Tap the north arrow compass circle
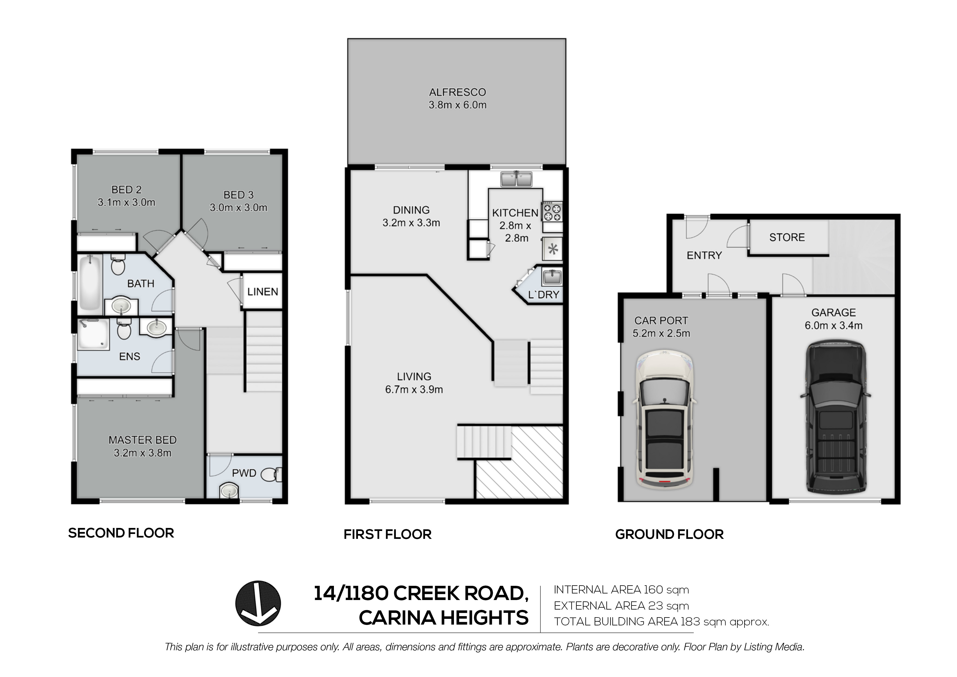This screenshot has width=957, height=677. (258, 604)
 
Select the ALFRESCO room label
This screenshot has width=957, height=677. (457, 92)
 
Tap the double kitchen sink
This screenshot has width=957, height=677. (516, 179)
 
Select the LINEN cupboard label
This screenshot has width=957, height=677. (263, 292)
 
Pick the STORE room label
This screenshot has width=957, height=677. (786, 237)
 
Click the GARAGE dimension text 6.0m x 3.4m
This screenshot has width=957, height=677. (833, 325)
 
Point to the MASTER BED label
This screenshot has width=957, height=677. (143, 440)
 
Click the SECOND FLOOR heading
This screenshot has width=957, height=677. (121, 533)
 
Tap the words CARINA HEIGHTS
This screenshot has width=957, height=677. (444, 618)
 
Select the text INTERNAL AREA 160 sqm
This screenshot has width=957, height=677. (621, 590)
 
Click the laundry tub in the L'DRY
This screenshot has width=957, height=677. (551, 277)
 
